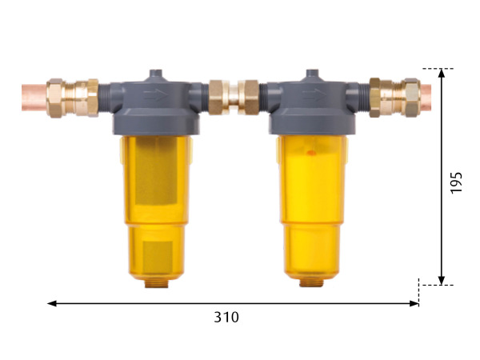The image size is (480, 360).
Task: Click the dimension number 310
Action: click(x=226, y=317)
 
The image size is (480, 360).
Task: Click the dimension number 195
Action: click(x=456, y=182)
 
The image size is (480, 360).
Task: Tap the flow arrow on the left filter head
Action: click(x=156, y=94)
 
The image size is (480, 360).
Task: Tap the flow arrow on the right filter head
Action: click(x=314, y=95)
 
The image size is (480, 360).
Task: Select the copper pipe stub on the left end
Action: click(x=34, y=98)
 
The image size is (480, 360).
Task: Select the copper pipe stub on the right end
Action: click(x=426, y=98)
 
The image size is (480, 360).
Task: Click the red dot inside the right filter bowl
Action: click(x=310, y=152)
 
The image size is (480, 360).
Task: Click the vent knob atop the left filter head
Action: click(x=156, y=75)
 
